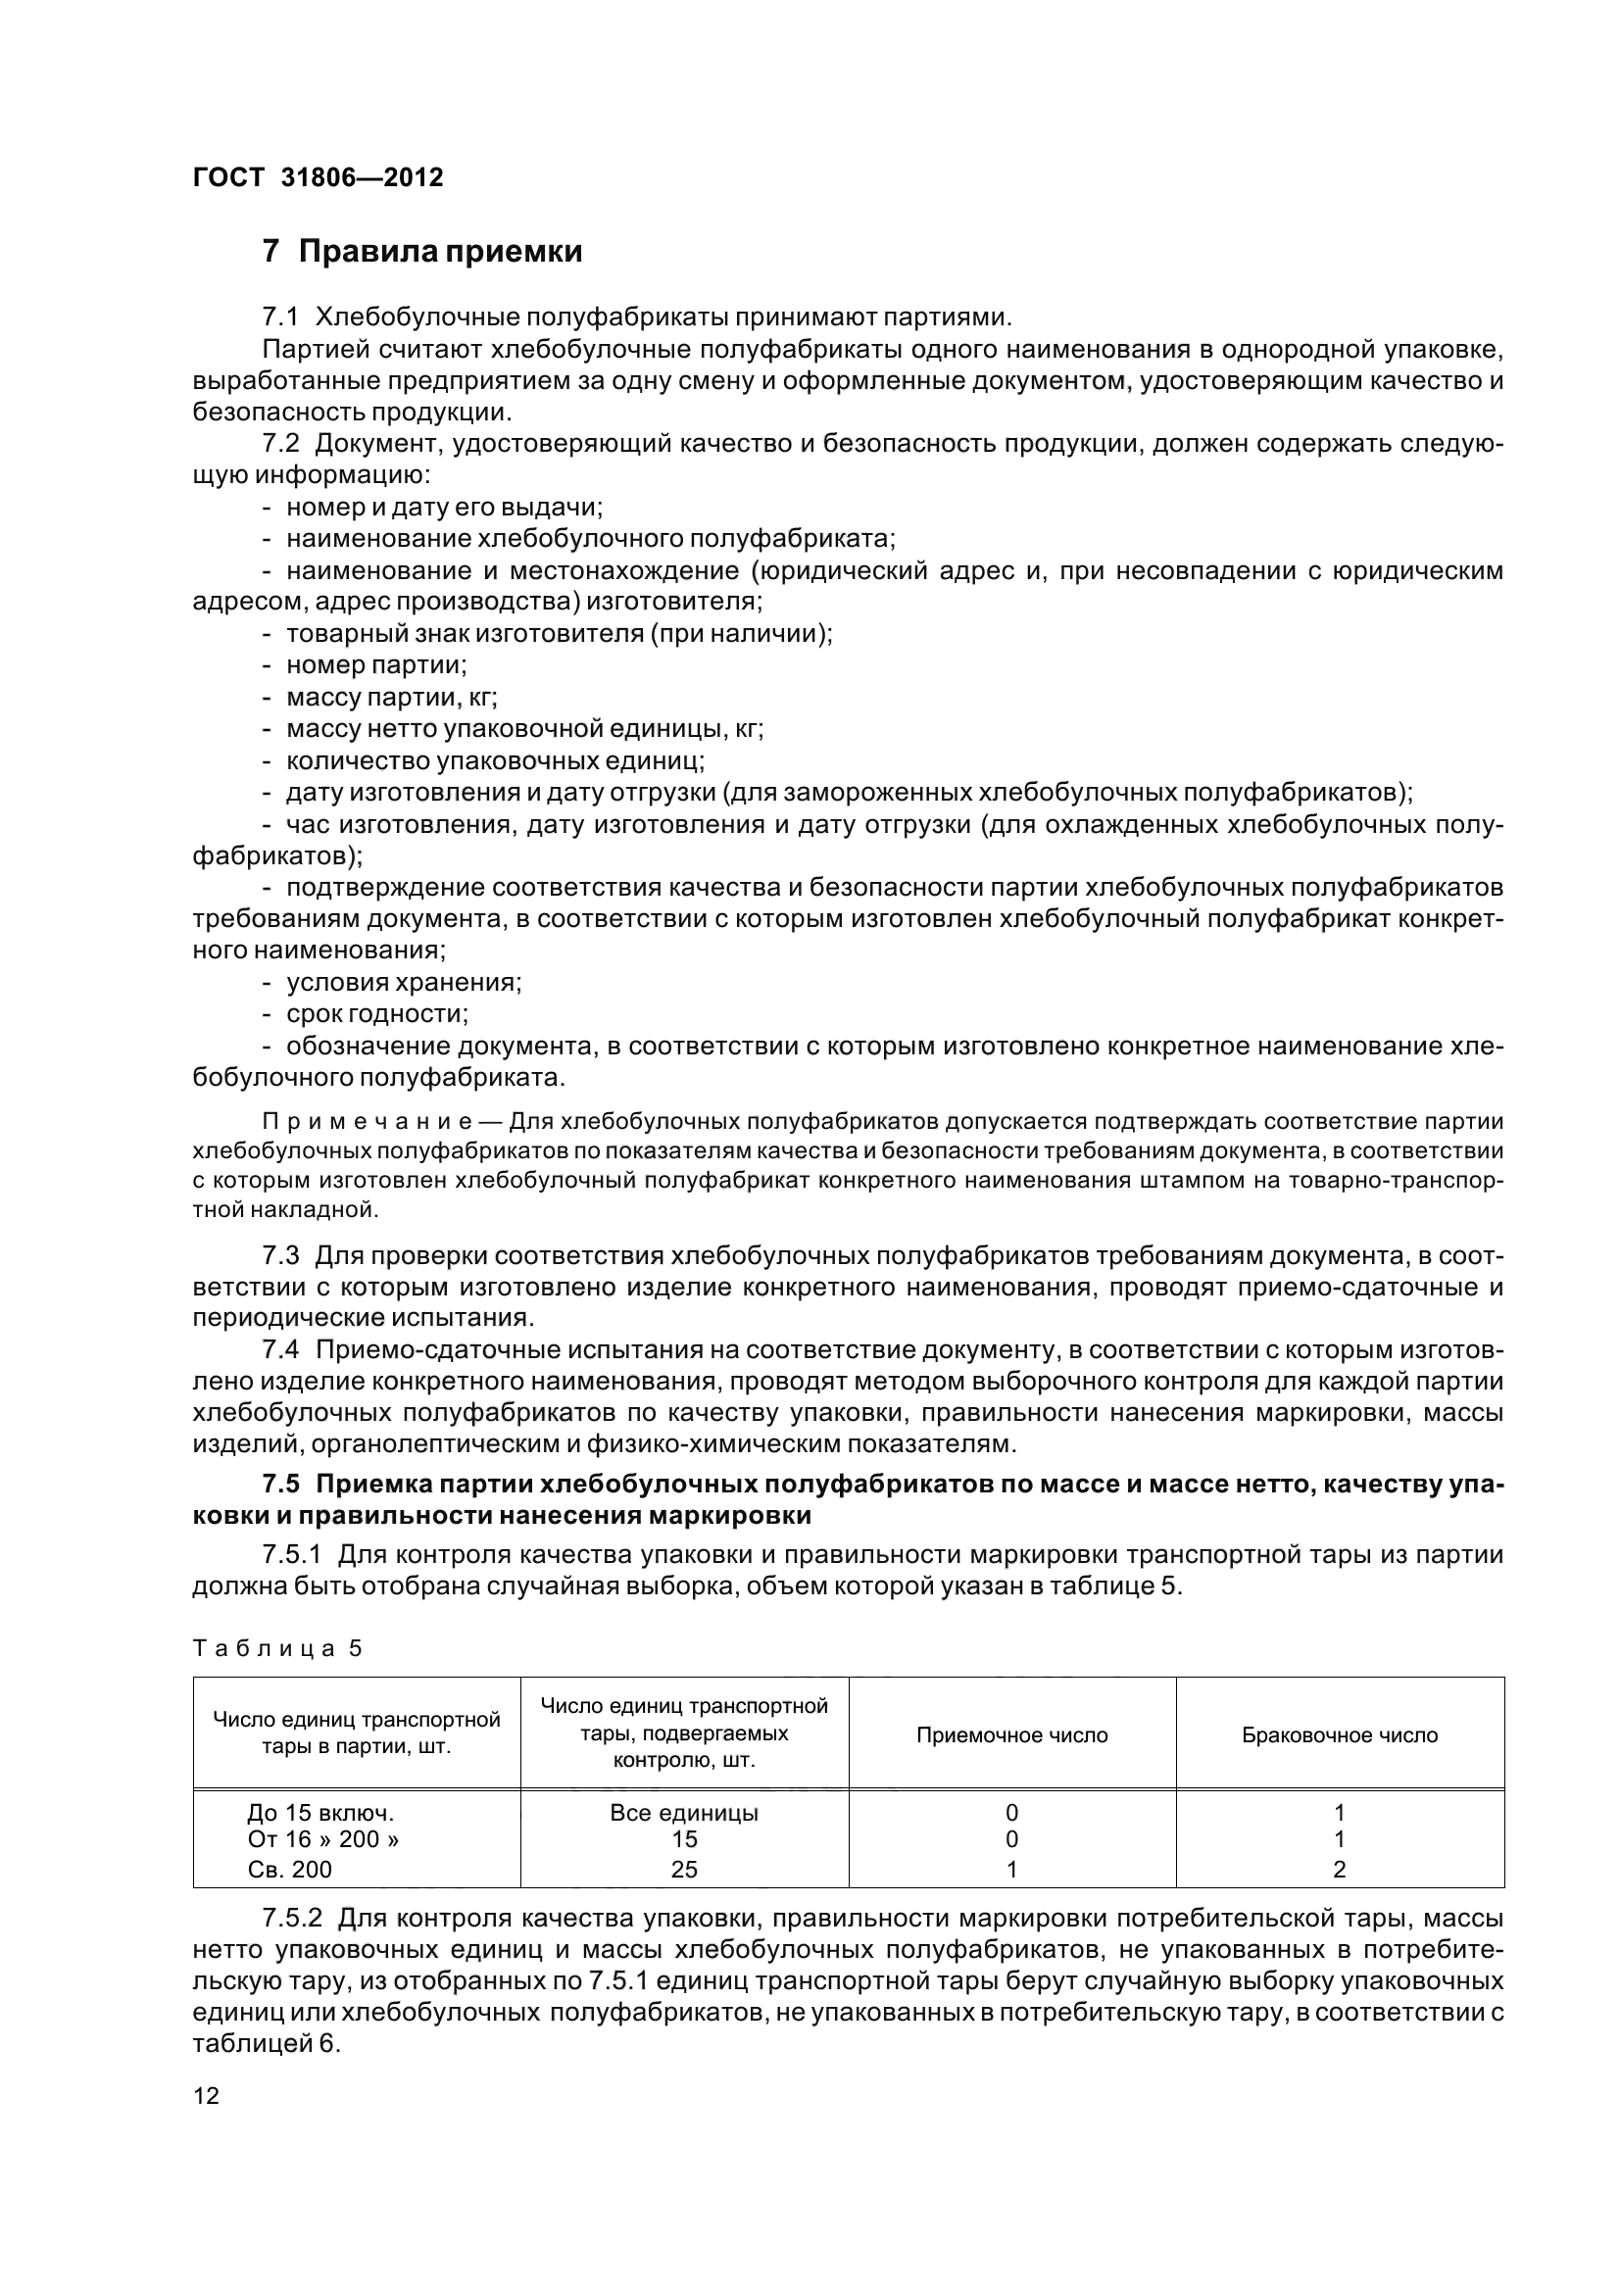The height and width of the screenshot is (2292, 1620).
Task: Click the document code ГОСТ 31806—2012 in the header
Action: click(x=318, y=177)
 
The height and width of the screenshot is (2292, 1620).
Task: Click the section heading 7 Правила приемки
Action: click(x=422, y=251)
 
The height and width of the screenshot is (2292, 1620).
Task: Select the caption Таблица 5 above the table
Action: click(x=276, y=1648)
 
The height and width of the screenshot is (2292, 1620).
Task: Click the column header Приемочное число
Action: click(x=1011, y=1735)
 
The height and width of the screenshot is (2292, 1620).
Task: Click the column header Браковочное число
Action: click(x=1340, y=1735)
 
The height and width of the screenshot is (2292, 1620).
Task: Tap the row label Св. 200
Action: click(x=289, y=1869)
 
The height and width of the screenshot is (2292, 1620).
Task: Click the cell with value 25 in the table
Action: click(x=684, y=1869)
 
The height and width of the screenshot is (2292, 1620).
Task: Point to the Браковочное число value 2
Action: click(x=1340, y=1869)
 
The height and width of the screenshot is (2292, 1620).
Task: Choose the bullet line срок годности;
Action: click(x=377, y=1014)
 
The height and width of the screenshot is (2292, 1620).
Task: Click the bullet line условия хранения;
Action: click(x=403, y=982)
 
